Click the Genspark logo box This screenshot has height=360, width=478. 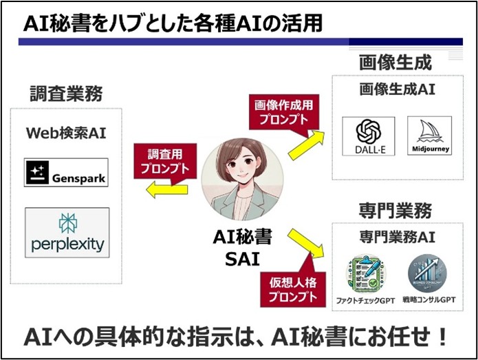coord(66,172)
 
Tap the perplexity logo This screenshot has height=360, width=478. coord(67,233)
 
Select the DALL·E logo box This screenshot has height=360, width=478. coord(368,136)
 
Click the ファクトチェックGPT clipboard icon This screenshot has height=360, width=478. coord(365,274)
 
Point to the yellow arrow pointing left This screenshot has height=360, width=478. coord(166,190)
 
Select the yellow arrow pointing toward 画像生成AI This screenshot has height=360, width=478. coord(306,145)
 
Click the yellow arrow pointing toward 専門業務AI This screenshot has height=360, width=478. coord(306,244)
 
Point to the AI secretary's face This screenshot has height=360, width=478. coord(243,165)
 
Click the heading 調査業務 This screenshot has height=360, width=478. coord(66,94)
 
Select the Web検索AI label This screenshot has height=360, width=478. coord(66,133)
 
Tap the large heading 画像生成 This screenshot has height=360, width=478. coord(395,62)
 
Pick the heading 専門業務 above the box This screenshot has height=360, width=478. coord(395,211)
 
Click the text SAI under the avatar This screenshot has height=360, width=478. coord(242,260)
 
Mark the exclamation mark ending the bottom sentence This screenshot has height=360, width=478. coord(442,337)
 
